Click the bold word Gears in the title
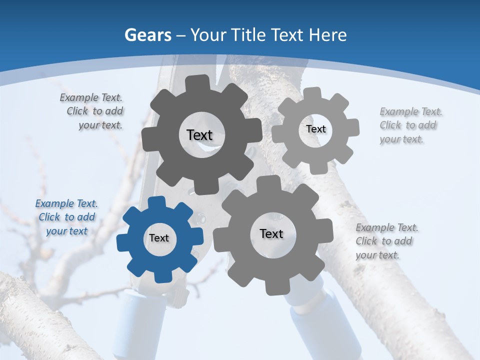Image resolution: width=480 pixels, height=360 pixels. pyautogui.click(x=147, y=35)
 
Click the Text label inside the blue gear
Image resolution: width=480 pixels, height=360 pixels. pyautogui.click(x=159, y=238)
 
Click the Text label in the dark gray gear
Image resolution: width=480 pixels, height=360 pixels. pyautogui.click(x=199, y=135)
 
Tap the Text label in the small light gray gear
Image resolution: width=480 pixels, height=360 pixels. pyautogui.click(x=315, y=129)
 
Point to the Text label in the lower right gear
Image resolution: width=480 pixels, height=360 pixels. pyautogui.click(x=271, y=234)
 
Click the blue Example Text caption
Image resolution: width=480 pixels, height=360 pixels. pyautogui.click(x=66, y=217)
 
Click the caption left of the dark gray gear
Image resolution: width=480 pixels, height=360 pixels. pyautogui.click(x=92, y=111)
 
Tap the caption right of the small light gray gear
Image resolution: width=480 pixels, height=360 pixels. pyautogui.click(x=410, y=125)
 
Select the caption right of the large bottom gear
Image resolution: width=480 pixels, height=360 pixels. pyautogui.click(x=386, y=241)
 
